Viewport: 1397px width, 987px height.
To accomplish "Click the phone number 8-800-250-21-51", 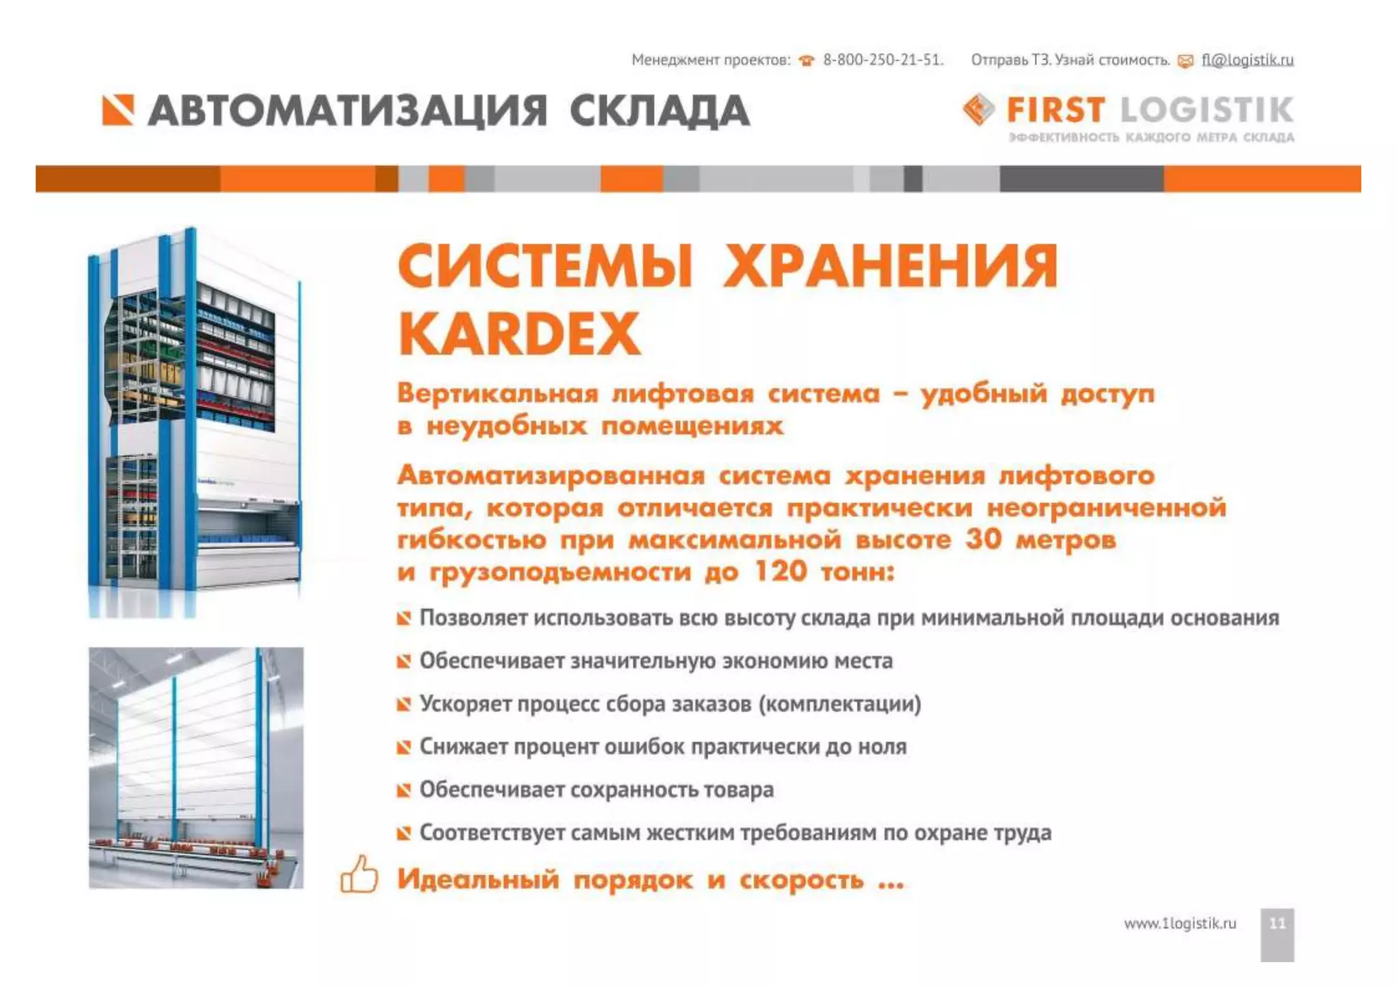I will pyautogui.click(x=883, y=60).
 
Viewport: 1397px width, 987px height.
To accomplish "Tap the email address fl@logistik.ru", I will pyautogui.click(x=1247, y=60).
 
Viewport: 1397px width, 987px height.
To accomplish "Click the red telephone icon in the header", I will pyautogui.click(x=807, y=61).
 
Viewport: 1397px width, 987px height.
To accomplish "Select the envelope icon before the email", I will pyautogui.click(x=1186, y=61).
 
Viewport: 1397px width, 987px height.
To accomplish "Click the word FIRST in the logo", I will pyautogui.click(x=1055, y=110).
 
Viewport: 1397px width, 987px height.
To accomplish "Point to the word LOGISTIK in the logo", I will pyautogui.click(x=1207, y=110).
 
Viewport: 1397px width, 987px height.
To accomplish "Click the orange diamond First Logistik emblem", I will pyautogui.click(x=978, y=109).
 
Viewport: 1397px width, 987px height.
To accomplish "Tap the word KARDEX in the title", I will pyautogui.click(x=520, y=334).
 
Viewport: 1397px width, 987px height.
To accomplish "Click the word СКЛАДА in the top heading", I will pyautogui.click(x=660, y=111).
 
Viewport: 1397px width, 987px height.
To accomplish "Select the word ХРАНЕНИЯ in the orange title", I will pyautogui.click(x=890, y=266).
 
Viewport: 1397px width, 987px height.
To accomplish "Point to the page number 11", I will pyautogui.click(x=1277, y=924).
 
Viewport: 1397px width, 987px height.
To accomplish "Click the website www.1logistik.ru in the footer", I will pyautogui.click(x=1179, y=924).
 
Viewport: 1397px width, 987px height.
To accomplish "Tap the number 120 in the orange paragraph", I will pyautogui.click(x=780, y=571).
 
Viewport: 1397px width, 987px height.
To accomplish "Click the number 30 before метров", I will pyautogui.click(x=983, y=539).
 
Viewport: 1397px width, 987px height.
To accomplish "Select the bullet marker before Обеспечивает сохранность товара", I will pyautogui.click(x=404, y=790).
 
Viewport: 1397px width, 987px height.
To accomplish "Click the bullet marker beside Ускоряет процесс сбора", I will pyautogui.click(x=404, y=704).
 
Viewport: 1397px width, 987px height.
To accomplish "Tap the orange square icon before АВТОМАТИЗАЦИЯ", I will pyautogui.click(x=118, y=111).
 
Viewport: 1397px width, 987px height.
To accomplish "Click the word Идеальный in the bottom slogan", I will pyautogui.click(x=478, y=879).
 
